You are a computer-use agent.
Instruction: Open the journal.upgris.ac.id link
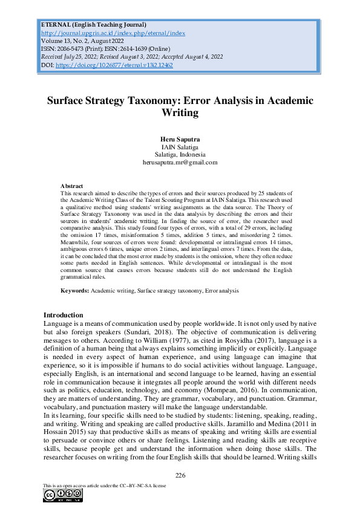tap(113, 33)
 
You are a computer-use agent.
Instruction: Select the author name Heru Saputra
tap(180, 139)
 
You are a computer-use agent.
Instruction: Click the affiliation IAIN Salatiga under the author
tap(180, 147)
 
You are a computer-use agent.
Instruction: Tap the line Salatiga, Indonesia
tap(180, 154)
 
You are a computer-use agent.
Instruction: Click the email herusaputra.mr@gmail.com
tap(180, 162)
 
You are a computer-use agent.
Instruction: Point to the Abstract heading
tap(72, 186)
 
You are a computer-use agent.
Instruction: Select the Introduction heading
tap(64, 315)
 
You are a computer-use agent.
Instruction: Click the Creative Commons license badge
tap(58, 496)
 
